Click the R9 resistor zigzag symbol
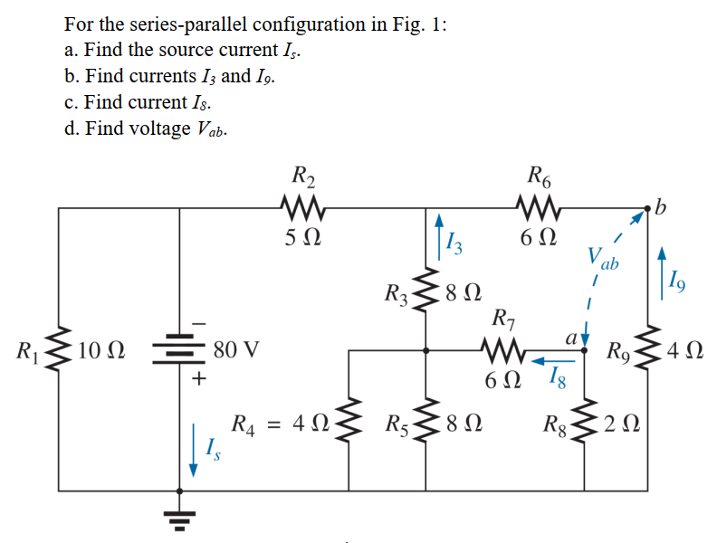[x=647, y=349]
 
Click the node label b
[x=661, y=210]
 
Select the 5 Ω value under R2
[x=300, y=240]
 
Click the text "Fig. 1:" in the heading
[x=416, y=24]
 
